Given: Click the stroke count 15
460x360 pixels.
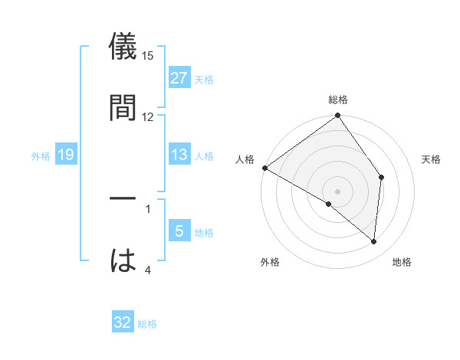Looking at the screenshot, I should click(x=149, y=56).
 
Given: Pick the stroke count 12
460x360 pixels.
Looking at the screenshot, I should click(x=148, y=116).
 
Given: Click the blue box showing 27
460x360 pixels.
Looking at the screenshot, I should click(x=179, y=77).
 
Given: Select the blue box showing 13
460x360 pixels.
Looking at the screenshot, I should click(x=179, y=155).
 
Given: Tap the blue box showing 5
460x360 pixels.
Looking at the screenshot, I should click(x=179, y=231).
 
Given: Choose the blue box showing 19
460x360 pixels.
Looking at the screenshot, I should click(x=65, y=155).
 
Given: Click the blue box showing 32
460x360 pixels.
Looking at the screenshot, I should click(x=123, y=322).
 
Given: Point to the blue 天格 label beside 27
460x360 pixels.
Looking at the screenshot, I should click(x=204, y=79).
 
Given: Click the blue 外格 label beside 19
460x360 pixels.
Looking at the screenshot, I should click(x=41, y=156).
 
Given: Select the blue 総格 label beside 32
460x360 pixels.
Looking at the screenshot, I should click(x=147, y=324).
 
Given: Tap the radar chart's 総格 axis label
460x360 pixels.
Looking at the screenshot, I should click(x=338, y=100).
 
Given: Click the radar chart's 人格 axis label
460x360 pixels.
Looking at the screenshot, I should click(x=245, y=159).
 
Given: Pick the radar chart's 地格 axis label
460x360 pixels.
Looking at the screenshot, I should click(x=402, y=263).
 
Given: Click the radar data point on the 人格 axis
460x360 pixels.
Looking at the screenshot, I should click(x=264, y=168).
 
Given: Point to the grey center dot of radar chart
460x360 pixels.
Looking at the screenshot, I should click(x=338, y=191).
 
